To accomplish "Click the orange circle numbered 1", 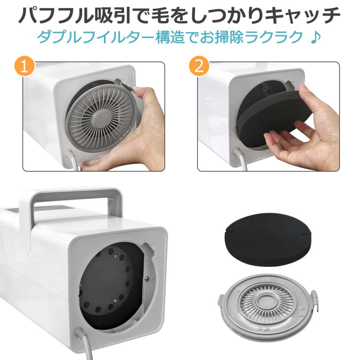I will tap(25, 66).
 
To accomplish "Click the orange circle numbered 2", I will tap(199, 66).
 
